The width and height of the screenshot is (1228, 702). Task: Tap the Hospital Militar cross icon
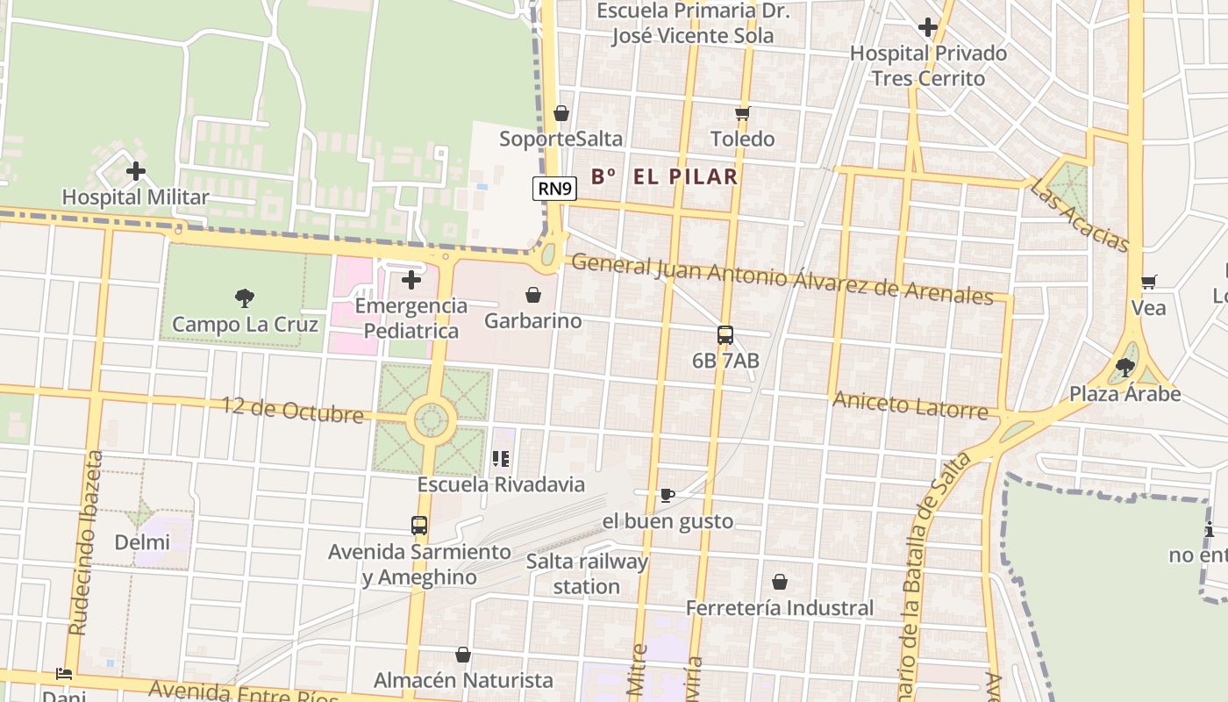click(136, 171)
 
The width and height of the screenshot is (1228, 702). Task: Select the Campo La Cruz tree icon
click(245, 298)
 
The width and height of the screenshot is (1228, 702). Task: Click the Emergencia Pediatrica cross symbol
click(411, 281)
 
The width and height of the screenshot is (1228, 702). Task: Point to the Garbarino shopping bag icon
click(532, 295)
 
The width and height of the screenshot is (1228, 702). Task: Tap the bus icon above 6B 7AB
click(725, 334)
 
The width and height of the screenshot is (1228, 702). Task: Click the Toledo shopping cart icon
click(742, 113)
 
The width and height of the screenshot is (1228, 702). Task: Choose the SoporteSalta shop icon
click(561, 113)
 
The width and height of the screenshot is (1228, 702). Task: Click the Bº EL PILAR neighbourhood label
click(664, 176)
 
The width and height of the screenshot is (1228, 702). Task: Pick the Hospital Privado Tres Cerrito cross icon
click(928, 27)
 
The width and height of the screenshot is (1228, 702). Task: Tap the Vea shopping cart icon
click(1148, 283)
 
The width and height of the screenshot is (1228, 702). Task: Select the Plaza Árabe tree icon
click(1124, 368)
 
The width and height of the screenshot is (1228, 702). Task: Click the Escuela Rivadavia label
click(501, 484)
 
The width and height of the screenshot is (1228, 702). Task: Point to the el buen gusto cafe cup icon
click(667, 496)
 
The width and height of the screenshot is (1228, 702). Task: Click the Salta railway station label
click(587, 574)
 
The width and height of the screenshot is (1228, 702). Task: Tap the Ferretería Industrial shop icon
click(779, 582)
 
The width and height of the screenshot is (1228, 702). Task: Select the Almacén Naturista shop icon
click(463, 655)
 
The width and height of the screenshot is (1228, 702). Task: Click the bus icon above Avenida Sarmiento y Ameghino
click(419, 526)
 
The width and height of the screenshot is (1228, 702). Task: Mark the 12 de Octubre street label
click(292, 410)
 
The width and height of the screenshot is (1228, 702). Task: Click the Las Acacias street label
click(1080, 215)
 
